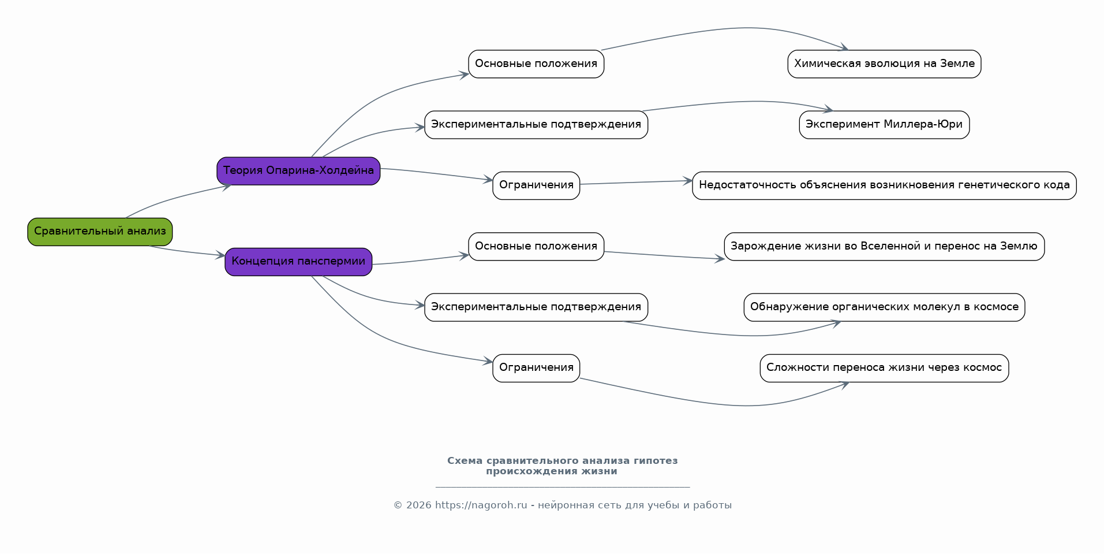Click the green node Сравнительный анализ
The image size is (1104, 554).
coord(100,232)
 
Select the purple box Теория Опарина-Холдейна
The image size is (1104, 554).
coord(298,171)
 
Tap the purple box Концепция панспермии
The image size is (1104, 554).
coord(298,262)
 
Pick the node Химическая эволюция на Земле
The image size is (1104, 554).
coord(884,64)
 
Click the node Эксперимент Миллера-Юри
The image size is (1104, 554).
coord(884,125)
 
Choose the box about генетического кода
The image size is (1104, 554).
coord(884,185)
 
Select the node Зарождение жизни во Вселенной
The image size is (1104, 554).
coord(884,247)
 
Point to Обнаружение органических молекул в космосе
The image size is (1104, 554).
coord(884,307)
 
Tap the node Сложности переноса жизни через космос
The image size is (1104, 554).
coord(884,368)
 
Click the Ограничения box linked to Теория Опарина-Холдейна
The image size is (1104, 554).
coord(536,185)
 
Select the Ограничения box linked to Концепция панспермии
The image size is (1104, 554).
coord(536,368)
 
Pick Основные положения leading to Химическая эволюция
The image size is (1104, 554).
coord(536,64)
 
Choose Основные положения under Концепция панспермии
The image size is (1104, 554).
coord(536,247)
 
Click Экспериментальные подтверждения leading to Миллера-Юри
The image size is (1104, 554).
coord(536,125)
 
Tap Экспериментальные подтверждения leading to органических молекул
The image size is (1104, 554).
coord(536,307)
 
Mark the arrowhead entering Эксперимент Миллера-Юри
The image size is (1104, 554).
coord(829,109)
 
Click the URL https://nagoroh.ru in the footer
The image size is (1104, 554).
coord(481,505)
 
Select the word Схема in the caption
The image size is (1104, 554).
coord(465,461)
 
